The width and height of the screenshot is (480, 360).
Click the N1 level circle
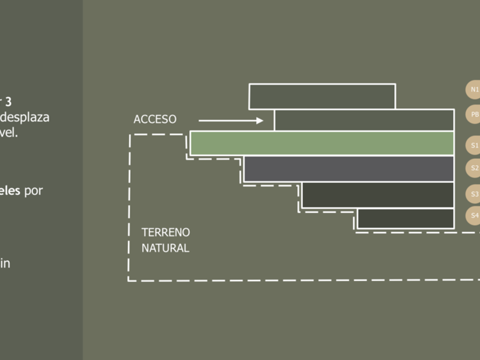pos(474,90)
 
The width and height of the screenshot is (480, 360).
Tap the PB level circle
pos(474,115)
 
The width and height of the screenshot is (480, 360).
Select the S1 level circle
pos(474,146)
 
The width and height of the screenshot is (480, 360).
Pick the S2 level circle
pos(474,168)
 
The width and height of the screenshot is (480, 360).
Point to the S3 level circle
pos(474,194)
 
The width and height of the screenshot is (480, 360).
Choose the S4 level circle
pos(474,216)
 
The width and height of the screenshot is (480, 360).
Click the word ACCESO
pos(155,119)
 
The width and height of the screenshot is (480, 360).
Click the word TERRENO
pos(166,233)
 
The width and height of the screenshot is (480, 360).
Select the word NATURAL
pos(165,249)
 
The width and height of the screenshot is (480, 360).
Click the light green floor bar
pos(322,143)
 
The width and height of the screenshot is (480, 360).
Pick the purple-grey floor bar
pos(348,169)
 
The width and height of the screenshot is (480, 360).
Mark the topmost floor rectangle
pos(322,96)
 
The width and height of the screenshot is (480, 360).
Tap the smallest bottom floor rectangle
pos(405,218)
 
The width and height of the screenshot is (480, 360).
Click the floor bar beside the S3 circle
pos(377,195)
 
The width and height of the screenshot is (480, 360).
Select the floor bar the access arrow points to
pos(364,120)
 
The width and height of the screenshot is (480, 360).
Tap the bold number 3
pos(8,102)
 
